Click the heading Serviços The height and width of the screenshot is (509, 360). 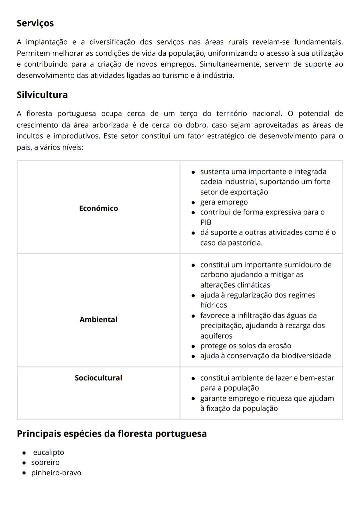pyautogui.click(x=35, y=23)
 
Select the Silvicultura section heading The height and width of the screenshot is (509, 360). pyautogui.click(x=42, y=95)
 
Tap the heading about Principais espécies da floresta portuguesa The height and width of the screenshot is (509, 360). pyautogui.click(x=112, y=434)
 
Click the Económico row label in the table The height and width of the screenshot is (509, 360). pyautogui.click(x=98, y=208)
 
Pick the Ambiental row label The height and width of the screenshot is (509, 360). pyautogui.click(x=98, y=320)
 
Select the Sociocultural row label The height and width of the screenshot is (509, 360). pyautogui.click(x=98, y=378)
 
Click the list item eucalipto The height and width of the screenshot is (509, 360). pyautogui.click(x=48, y=452)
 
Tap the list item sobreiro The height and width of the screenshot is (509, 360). pyautogui.click(x=45, y=463)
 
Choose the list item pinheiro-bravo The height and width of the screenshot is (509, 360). pyautogui.click(x=56, y=473)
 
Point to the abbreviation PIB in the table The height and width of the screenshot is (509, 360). pyautogui.click(x=206, y=222)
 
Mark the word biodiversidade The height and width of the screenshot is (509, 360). pyautogui.click(x=306, y=356)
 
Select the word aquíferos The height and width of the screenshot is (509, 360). pyautogui.click(x=216, y=336)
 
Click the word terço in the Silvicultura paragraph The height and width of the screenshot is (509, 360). pyautogui.click(x=189, y=114)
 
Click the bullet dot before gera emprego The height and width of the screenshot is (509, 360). pyautogui.click(x=193, y=202)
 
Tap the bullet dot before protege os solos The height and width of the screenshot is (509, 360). pyautogui.click(x=193, y=346)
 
